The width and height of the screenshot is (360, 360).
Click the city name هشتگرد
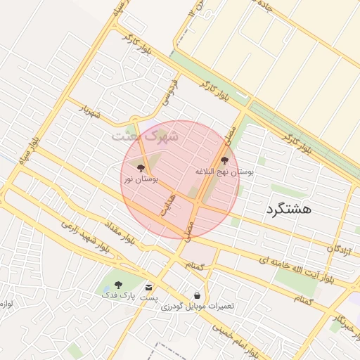click(x=288, y=209)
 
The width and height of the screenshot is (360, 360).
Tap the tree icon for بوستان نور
click(x=141, y=168)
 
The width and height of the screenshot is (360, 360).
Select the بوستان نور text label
click(x=141, y=180)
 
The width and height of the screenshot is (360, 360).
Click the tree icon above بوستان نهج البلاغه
click(x=225, y=160)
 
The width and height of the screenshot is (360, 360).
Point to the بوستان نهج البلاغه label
click(x=224, y=171)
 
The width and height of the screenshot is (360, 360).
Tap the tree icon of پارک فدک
click(x=118, y=285)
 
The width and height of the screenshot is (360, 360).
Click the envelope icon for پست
click(x=148, y=287)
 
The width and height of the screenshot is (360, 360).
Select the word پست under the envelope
click(x=148, y=298)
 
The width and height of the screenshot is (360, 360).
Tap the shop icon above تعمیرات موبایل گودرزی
click(x=198, y=295)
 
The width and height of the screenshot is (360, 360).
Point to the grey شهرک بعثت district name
click(x=145, y=135)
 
